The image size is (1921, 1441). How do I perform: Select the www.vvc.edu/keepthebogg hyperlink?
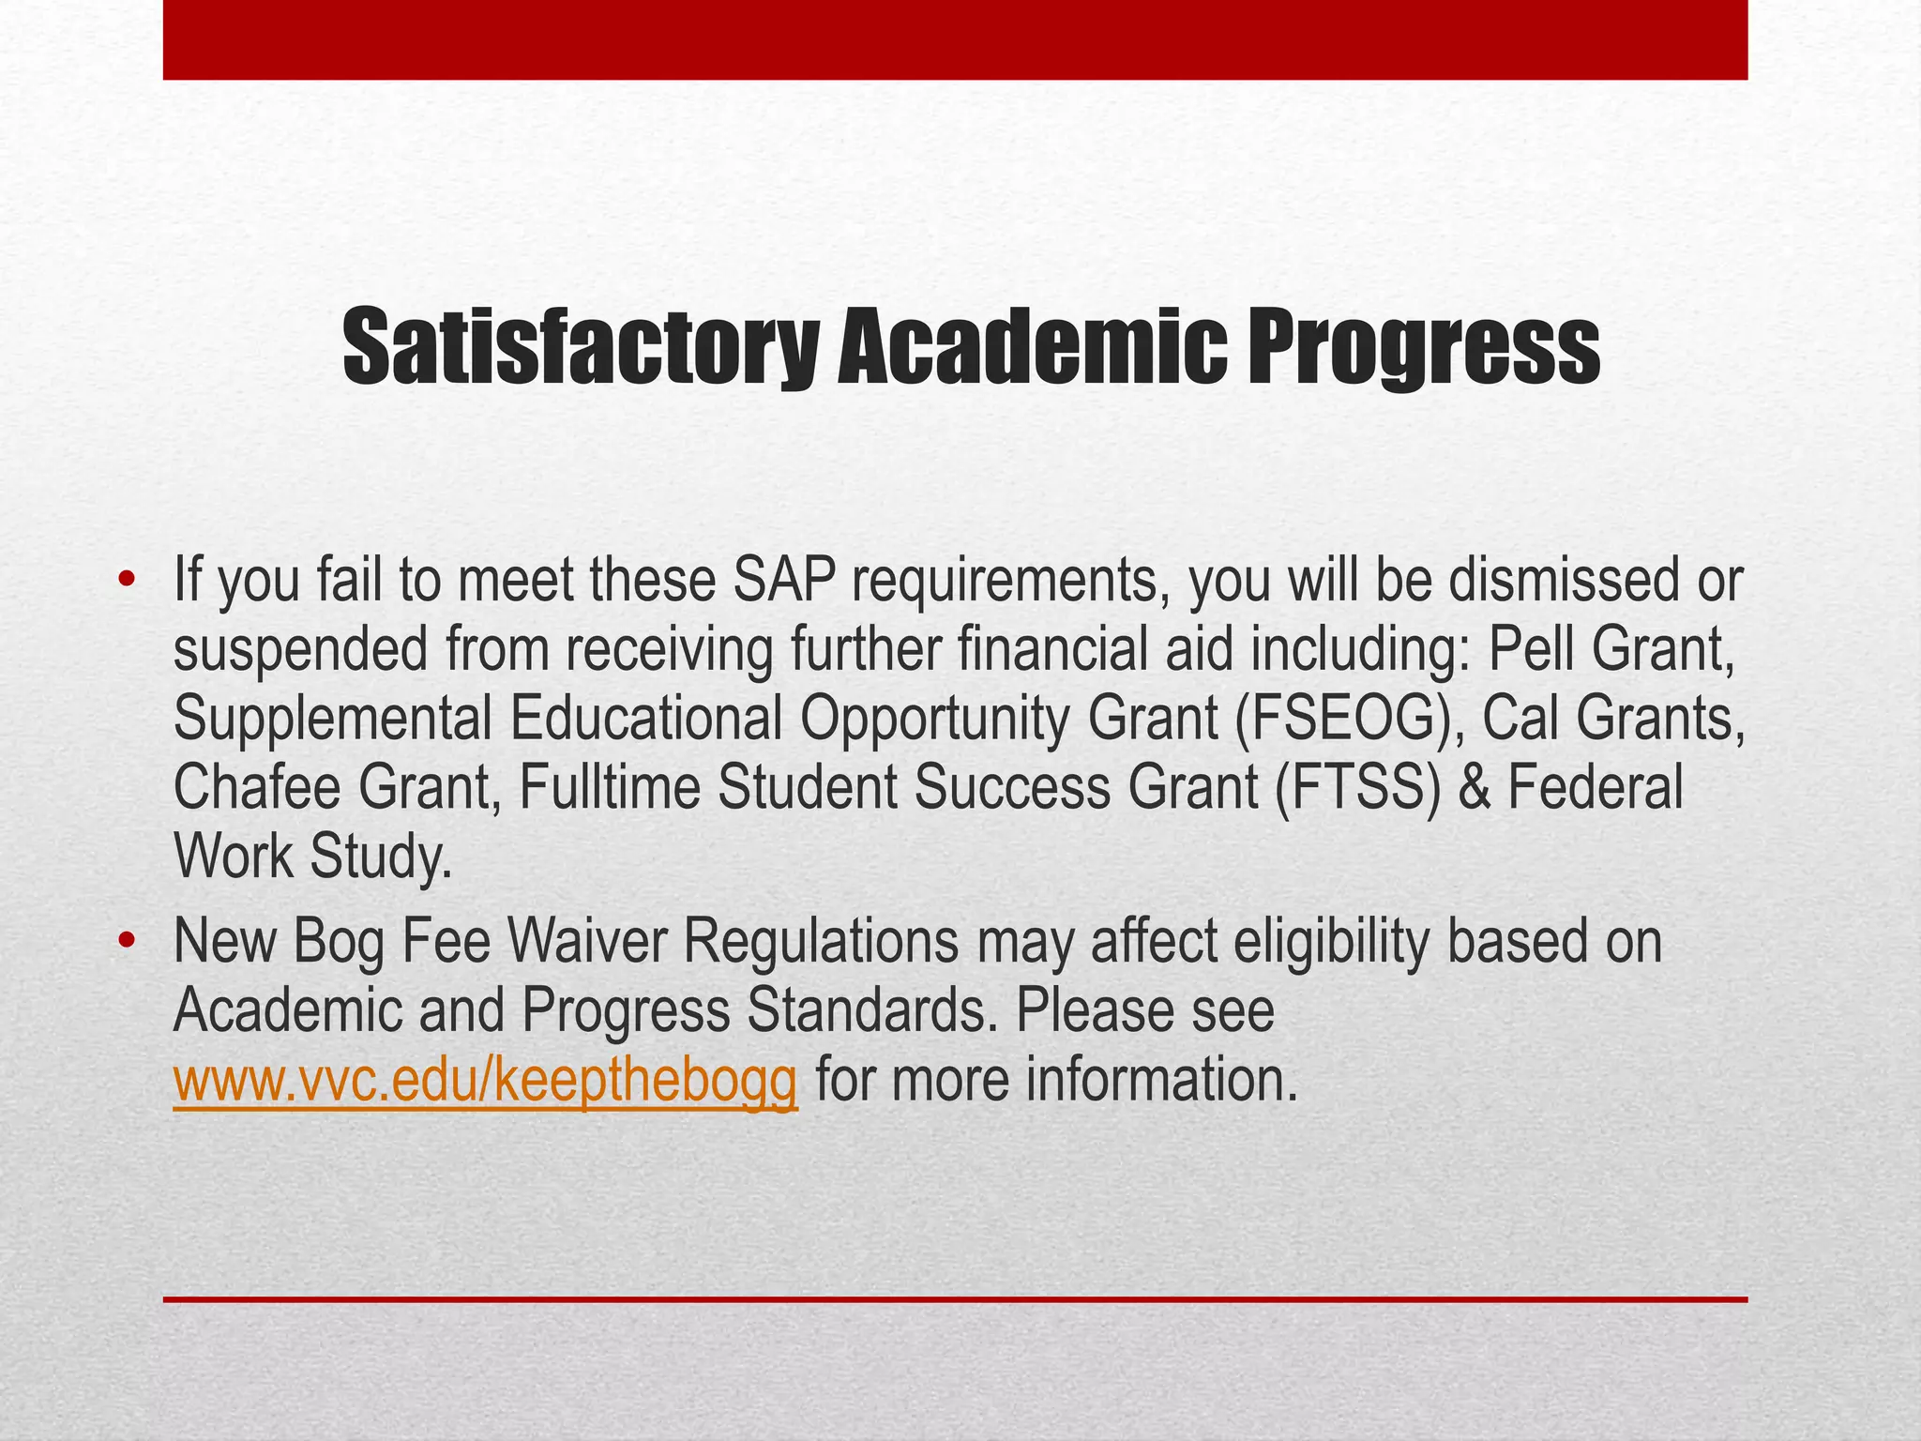point(486,1080)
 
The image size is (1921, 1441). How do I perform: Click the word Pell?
point(1528,650)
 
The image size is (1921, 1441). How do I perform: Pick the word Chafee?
point(256,788)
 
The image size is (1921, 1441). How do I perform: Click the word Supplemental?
point(333,720)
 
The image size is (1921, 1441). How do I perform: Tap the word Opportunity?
point(934,720)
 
